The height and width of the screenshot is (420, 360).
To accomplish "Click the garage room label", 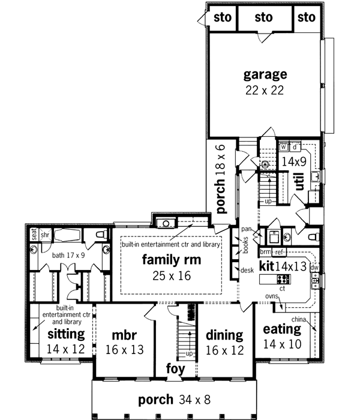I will pos(265,75).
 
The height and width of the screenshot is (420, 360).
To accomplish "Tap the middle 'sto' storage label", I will pos(263,18).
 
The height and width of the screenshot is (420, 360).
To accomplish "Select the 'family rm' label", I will pos(171,260).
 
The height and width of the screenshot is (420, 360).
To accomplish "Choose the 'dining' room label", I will pos(224,335).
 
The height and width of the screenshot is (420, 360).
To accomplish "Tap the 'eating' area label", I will pos(281,329).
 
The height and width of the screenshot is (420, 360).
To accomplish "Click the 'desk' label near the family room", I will pos(247,271).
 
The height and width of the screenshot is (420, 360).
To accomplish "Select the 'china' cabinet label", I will pos(300,319).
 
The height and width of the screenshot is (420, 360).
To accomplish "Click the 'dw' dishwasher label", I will pos(314,268).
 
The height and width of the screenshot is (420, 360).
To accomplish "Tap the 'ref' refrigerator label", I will pos(280,252).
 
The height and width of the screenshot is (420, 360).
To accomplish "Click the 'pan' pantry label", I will pos(247,229).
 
